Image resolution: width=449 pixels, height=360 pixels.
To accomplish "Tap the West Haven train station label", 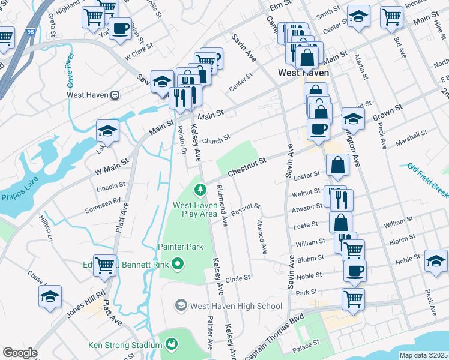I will click(x=93, y=95).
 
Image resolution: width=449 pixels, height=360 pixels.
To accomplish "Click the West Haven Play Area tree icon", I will click(x=199, y=190).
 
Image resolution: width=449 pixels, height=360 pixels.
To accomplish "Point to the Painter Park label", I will click(x=181, y=247).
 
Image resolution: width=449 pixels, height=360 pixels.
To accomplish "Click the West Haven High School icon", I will click(x=181, y=306).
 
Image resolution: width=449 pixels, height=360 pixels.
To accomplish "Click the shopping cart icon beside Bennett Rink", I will click(x=105, y=265).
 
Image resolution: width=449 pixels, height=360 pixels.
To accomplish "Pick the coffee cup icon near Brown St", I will click(x=318, y=128).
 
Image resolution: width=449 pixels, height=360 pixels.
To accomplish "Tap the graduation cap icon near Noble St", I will click(x=436, y=260).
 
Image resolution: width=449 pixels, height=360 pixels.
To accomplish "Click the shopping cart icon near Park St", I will click(x=353, y=298).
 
